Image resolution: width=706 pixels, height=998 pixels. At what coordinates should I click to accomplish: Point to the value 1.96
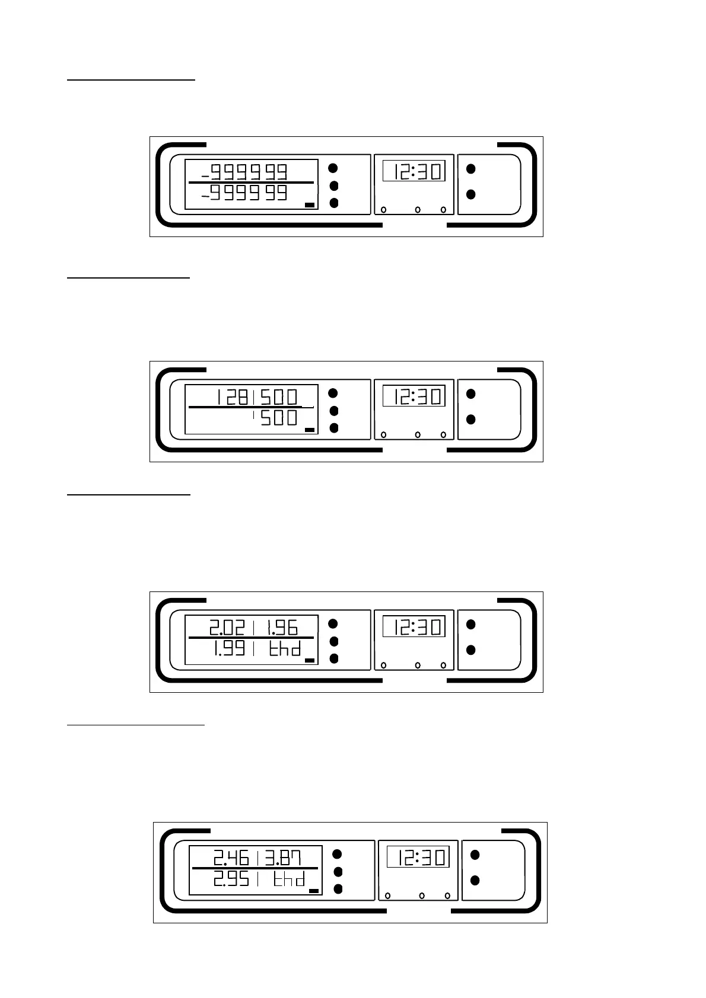point(281,627)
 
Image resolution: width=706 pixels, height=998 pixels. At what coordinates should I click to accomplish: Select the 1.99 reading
point(230,648)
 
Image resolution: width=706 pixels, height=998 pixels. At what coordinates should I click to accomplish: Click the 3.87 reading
point(284,858)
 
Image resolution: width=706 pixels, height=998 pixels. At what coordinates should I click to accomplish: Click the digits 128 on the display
point(232,396)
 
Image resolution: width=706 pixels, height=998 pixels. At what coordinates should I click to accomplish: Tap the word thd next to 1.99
point(285,648)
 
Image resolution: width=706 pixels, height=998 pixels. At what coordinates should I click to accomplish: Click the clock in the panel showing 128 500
point(414,396)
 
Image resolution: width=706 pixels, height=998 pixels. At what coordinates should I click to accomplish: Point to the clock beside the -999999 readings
point(414,171)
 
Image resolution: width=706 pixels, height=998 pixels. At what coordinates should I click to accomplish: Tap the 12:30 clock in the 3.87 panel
point(418,857)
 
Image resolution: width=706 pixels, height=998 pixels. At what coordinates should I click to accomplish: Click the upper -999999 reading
point(244,172)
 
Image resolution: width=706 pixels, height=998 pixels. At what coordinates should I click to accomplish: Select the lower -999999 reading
point(244,193)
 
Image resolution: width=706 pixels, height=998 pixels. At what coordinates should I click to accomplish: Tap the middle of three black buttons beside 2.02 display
point(333,641)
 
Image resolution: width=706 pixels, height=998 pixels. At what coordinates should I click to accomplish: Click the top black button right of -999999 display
point(333,168)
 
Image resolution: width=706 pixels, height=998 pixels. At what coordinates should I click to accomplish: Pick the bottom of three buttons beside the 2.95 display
point(338,889)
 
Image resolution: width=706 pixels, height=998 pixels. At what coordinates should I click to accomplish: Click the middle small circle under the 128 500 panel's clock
point(418,435)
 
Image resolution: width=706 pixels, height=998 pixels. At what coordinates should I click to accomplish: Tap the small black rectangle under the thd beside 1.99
point(309,660)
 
